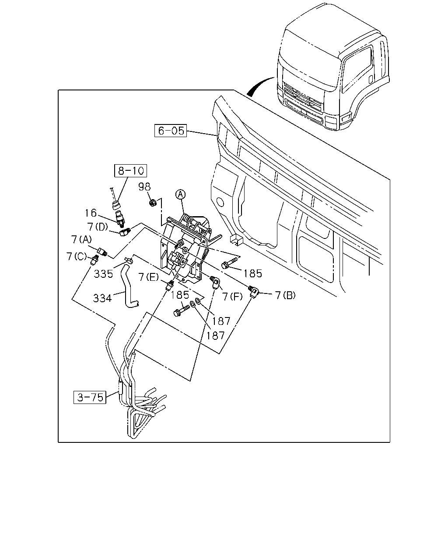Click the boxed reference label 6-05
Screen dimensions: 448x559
click(x=171, y=131)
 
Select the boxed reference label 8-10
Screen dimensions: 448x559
click(x=131, y=171)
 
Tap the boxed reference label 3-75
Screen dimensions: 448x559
click(x=90, y=397)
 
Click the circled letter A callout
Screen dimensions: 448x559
click(x=181, y=194)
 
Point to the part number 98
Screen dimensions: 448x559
click(x=144, y=186)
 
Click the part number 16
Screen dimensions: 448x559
click(x=91, y=213)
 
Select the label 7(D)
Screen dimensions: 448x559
click(x=98, y=227)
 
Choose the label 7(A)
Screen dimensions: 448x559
click(x=81, y=239)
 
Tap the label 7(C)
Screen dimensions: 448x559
click(x=77, y=257)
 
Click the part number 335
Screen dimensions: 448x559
click(x=103, y=274)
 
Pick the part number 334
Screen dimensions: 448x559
click(x=102, y=298)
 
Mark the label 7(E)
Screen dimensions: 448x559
click(x=149, y=277)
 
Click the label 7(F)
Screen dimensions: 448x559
click(x=232, y=297)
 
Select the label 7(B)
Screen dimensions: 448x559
click(x=285, y=295)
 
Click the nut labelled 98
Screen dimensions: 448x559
click(x=153, y=203)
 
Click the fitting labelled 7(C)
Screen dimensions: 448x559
click(x=94, y=260)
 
